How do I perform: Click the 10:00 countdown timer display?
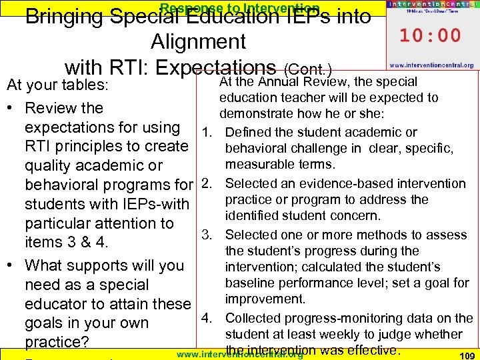coord(430,35)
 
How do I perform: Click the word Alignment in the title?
coord(198,42)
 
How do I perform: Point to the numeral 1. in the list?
coord(206,132)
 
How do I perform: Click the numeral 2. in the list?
coord(206,183)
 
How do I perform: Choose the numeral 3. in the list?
coord(207,235)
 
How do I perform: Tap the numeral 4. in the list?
coord(207,318)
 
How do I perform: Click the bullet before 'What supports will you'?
coord(11,265)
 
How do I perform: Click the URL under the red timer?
coord(431,65)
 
